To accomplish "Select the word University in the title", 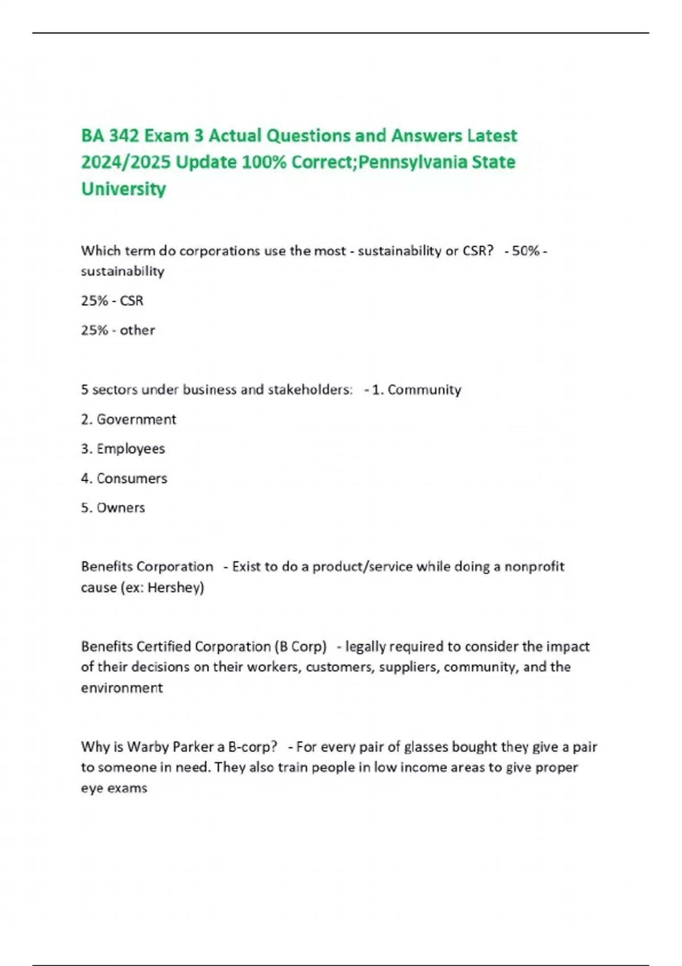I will (x=123, y=189).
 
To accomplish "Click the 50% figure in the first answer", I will (x=525, y=251).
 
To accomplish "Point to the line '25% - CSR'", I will (x=112, y=301).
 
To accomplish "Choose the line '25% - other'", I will (x=118, y=330).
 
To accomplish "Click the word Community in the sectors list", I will (x=424, y=390).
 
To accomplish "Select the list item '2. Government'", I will (x=128, y=419).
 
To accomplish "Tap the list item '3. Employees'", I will (x=123, y=449).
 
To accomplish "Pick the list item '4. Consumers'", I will (x=124, y=478).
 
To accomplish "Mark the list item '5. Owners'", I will (x=113, y=508).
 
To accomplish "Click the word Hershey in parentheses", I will (x=174, y=588).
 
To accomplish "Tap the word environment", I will (x=122, y=688).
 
